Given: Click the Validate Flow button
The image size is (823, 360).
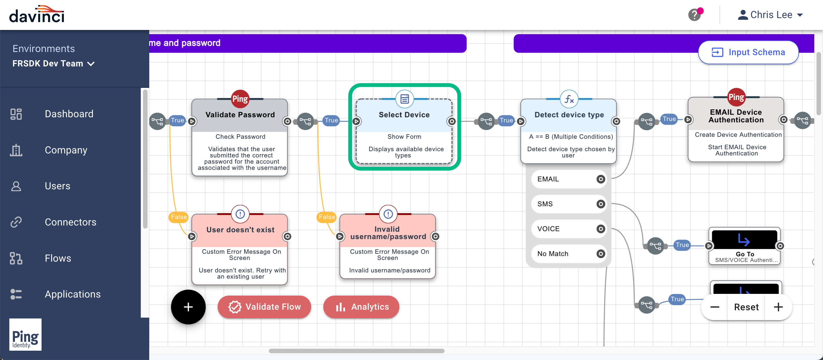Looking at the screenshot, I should tap(264, 307).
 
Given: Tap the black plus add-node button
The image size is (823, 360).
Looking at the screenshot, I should tap(188, 307).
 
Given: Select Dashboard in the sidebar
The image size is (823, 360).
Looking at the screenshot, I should tap(69, 114).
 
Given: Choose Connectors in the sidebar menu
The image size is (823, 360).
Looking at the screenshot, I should tap(70, 222).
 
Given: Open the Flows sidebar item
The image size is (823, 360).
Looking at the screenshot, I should tap(58, 258).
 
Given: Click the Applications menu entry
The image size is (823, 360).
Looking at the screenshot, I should tap(73, 294).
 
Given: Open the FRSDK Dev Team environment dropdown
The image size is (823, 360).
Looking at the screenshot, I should tap(53, 64).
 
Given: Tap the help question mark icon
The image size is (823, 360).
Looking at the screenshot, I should tap(694, 15).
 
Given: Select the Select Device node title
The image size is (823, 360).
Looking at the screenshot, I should tap(404, 115).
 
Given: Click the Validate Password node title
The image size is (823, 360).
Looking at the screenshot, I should tap(240, 115).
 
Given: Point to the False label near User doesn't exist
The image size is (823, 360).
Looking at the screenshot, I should tap(178, 217).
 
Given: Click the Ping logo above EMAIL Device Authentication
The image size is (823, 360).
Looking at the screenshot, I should tap(736, 97).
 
